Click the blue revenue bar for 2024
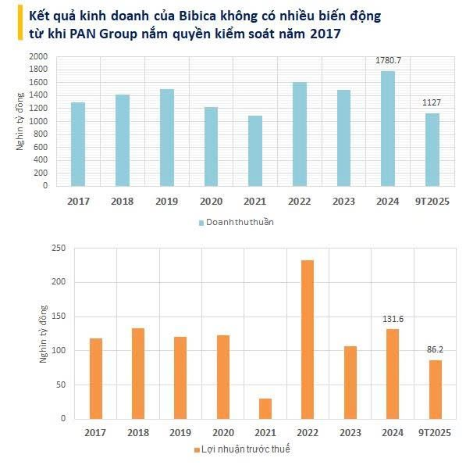point(388,129)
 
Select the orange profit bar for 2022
point(308,339)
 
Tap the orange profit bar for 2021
point(265,409)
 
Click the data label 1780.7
point(388,61)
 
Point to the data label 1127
point(432,103)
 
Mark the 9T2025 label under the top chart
point(432,202)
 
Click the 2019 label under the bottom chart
point(180,431)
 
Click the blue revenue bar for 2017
point(78,145)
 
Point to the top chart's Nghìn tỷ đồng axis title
point(22,121)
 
